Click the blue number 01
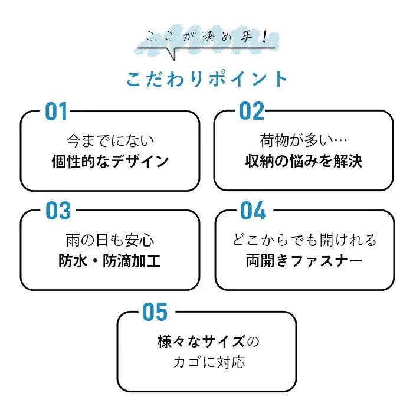56,112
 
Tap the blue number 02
251,111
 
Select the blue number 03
58,211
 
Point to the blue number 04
253,211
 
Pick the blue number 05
155,312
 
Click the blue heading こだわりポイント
206,78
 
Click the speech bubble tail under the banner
171,54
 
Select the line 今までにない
110,141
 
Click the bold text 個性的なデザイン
110,161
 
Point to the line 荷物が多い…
303,140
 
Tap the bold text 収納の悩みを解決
304,161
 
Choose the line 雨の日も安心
110,240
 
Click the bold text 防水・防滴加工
110,261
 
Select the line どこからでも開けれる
304,240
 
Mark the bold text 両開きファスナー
304,261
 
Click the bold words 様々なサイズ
202,342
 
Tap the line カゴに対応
209,362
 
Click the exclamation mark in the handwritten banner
265,37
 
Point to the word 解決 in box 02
348,161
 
